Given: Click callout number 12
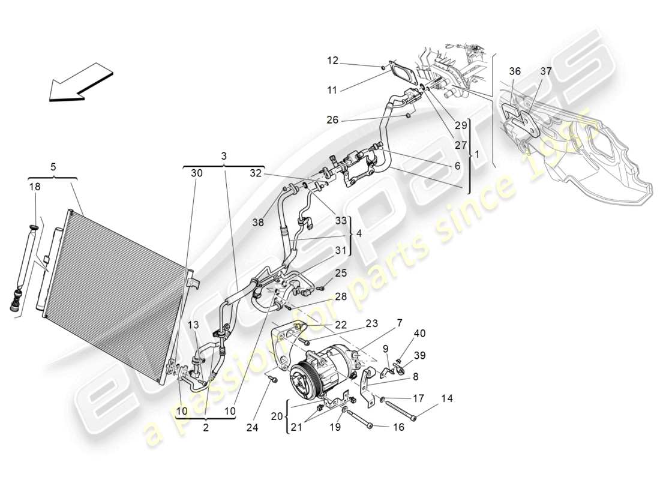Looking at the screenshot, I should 333,60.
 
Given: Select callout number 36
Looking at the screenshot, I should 515,71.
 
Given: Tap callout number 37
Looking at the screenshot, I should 545,71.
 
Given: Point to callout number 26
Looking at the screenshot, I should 333,121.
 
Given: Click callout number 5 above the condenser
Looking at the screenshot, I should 53,166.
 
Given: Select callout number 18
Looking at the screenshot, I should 35,187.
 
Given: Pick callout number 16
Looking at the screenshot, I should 398,427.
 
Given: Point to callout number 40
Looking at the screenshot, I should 419,334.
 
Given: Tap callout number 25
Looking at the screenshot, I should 341,273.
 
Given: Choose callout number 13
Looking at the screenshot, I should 193,325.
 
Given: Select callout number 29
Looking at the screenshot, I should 460,125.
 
